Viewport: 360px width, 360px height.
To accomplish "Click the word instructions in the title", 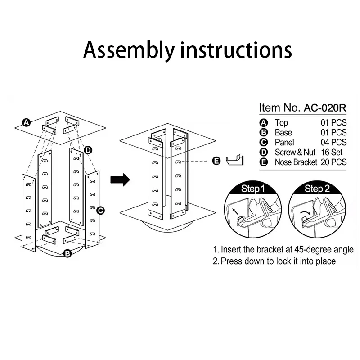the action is tap(236, 50).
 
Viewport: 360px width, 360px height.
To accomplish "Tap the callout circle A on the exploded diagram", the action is tap(27, 122).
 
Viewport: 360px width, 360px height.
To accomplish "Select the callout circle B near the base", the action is tap(67, 253).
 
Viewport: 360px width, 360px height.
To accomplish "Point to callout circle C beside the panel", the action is tap(100, 211).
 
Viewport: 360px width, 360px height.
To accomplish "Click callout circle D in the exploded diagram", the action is tap(88, 150).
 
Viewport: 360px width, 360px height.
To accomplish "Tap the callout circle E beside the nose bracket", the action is tap(216, 161).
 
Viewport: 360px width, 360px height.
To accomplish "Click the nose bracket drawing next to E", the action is tap(234, 160).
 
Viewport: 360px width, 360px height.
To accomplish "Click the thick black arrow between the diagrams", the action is tap(120, 180).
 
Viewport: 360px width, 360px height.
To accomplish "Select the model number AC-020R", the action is tap(325, 108).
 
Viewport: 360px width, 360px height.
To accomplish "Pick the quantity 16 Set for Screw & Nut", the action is tap(332, 152).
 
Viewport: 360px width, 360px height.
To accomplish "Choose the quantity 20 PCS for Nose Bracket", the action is tap(333, 162).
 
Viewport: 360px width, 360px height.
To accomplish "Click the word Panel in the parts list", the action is tap(284, 142).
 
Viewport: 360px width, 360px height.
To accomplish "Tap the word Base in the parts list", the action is tap(283, 132).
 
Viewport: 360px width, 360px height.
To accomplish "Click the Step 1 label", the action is tap(253, 189).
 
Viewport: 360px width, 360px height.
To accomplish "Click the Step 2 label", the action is tap(317, 189).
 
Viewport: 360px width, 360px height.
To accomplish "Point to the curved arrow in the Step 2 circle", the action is tap(306, 212).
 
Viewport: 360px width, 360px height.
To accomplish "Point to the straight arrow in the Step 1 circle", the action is tap(235, 211).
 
